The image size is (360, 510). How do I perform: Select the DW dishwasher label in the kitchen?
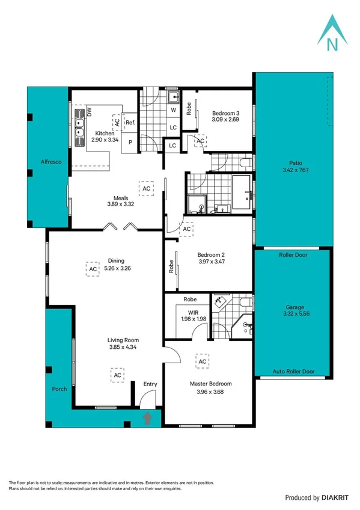click(89, 112)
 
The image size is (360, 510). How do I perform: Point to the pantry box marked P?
click(130, 143)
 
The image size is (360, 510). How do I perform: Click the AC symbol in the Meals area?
click(146, 188)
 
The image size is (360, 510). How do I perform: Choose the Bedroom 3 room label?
click(225, 116)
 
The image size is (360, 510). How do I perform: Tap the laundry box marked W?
click(172, 111)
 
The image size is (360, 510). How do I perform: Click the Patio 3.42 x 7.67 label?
click(294, 167)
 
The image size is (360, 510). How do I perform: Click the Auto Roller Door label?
click(293, 372)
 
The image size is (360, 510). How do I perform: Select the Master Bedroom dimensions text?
click(210, 393)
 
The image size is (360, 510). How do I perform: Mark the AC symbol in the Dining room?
click(93, 269)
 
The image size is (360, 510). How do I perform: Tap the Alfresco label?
click(47, 162)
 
